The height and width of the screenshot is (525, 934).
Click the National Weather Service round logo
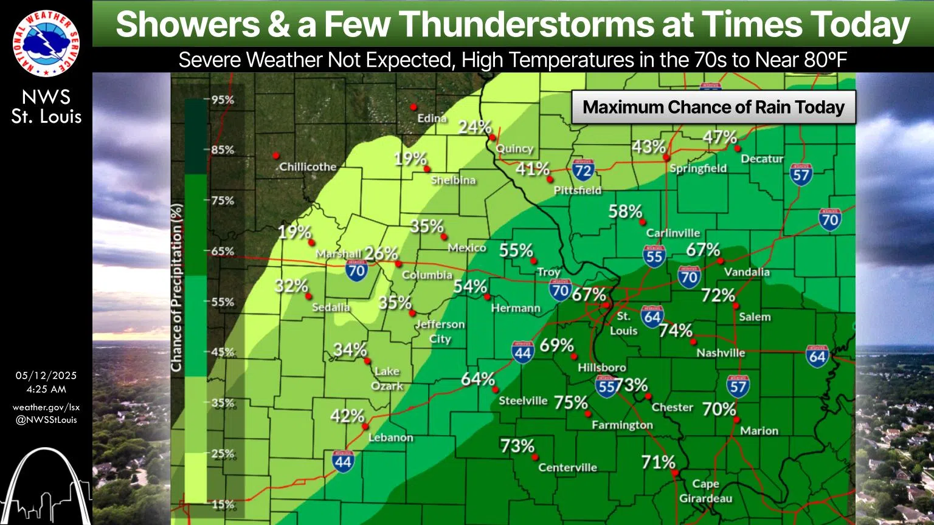coord(46,43)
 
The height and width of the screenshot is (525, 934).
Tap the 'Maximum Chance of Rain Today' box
coord(713,108)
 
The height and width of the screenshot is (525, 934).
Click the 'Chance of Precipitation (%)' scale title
coord(177,288)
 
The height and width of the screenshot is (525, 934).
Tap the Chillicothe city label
coord(308,166)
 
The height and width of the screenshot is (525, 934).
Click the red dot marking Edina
coord(413,107)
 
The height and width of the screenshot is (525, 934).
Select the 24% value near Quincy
coord(474,127)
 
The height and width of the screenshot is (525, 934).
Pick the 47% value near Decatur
coord(720,137)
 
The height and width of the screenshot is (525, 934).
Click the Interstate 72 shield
coord(583,170)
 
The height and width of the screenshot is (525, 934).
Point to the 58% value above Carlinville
coord(625,211)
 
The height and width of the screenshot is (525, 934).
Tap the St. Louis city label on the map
coord(624,323)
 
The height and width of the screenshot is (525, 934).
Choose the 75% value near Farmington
coord(570,402)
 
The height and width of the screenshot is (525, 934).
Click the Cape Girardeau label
coord(706,491)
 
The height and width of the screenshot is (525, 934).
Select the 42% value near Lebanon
coord(347,416)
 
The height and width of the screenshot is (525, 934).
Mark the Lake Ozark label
coord(387,378)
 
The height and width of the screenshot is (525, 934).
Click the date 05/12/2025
coord(46,376)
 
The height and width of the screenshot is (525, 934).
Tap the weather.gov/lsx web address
coord(46,407)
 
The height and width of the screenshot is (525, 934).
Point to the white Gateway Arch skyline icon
coord(46,486)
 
